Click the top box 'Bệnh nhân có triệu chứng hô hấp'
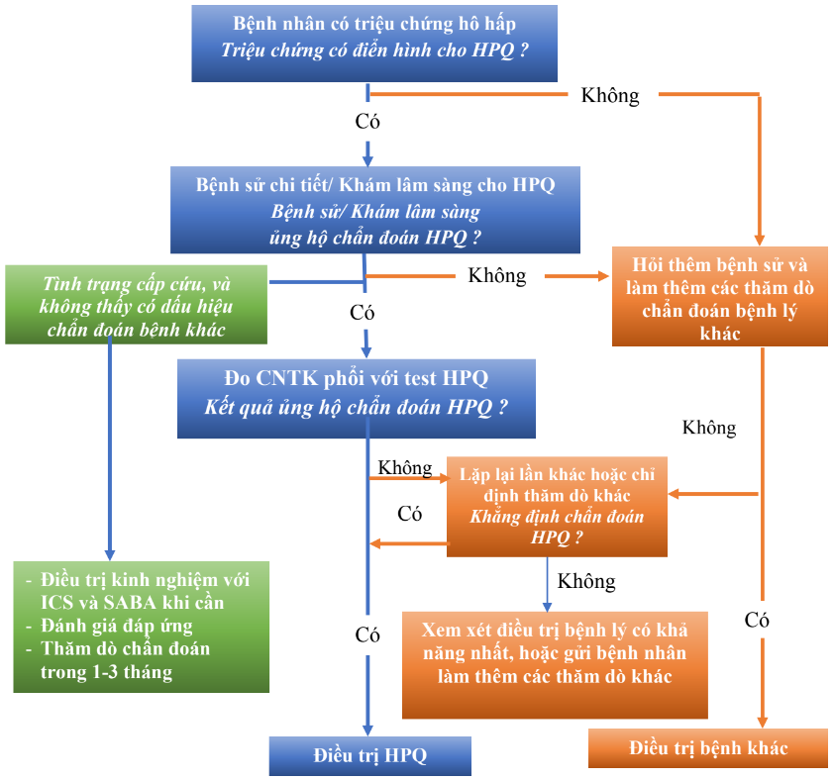[x=373, y=41]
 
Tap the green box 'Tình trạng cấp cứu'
[x=136, y=305]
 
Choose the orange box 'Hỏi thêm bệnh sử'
[x=719, y=297]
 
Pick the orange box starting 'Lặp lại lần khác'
[x=557, y=506]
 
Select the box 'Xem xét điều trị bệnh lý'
[x=555, y=663]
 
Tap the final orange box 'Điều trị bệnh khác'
[x=707, y=748]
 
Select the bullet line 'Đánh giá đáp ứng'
[x=117, y=626]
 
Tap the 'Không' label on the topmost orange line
[x=610, y=96]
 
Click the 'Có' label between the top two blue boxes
[x=366, y=123]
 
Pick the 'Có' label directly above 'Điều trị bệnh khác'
[x=758, y=621]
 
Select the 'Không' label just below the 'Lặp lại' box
[x=586, y=581]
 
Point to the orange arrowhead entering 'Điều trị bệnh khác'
[x=763, y=722]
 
